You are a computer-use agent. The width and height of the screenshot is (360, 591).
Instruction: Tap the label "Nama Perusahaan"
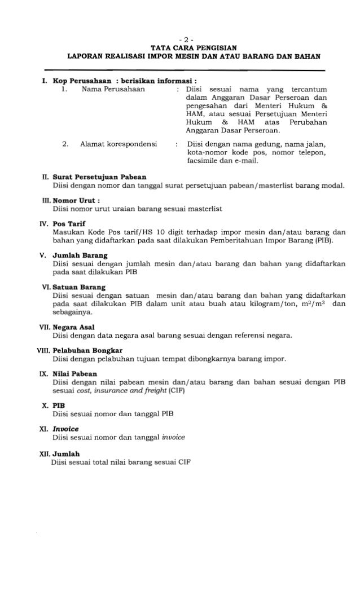pyautogui.click(x=113, y=89)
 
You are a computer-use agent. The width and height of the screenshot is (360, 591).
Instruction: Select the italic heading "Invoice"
pyautogui.click(x=65, y=429)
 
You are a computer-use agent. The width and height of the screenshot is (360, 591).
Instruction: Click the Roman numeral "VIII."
pyautogui.click(x=43, y=350)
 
